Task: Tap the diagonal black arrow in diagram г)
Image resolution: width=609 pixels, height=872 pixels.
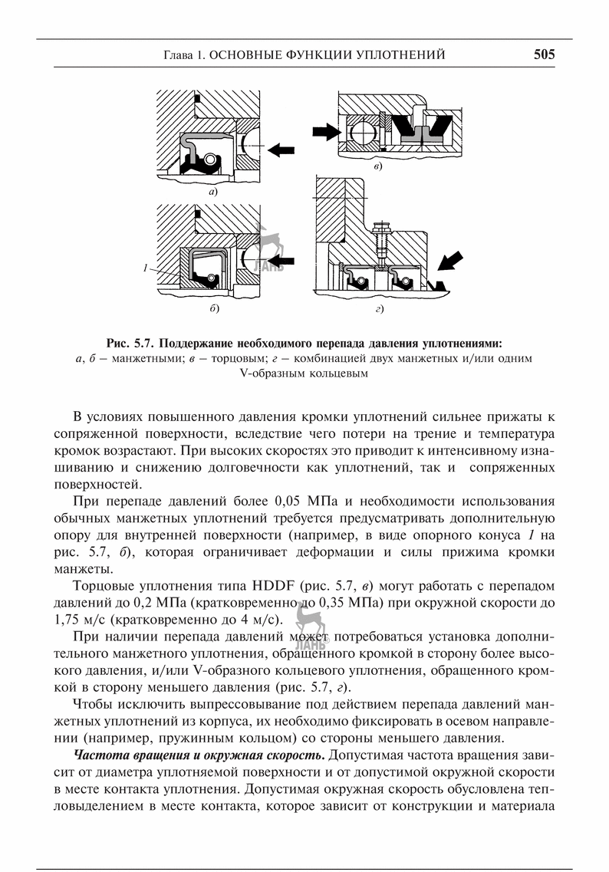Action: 448,263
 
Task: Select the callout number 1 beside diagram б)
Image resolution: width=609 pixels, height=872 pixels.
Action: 144,268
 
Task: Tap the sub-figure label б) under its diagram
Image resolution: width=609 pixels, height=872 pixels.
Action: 214,309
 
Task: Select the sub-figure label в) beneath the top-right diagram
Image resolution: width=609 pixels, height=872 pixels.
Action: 377,166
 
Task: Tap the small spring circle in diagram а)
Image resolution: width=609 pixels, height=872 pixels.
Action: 209,159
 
